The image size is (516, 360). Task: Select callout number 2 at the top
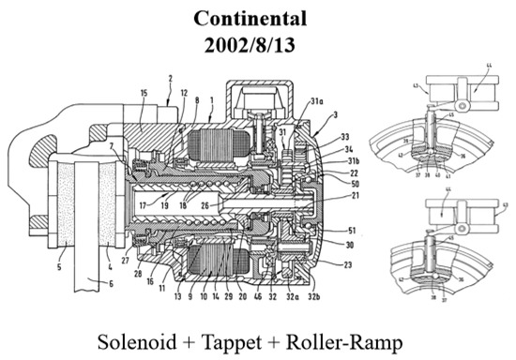pos(171,78)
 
